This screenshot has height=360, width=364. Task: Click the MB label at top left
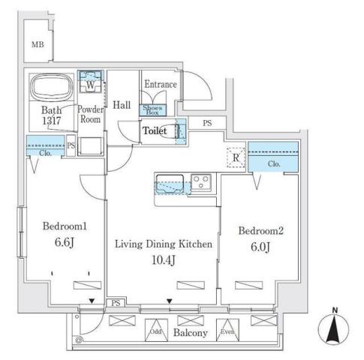coord(37,46)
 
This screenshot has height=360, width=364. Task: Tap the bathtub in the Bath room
coord(50,88)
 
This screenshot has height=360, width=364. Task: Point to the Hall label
coord(122,106)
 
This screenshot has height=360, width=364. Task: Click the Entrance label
coord(160,84)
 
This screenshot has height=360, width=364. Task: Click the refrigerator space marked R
coord(235,157)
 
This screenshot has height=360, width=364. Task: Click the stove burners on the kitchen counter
coord(200,181)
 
